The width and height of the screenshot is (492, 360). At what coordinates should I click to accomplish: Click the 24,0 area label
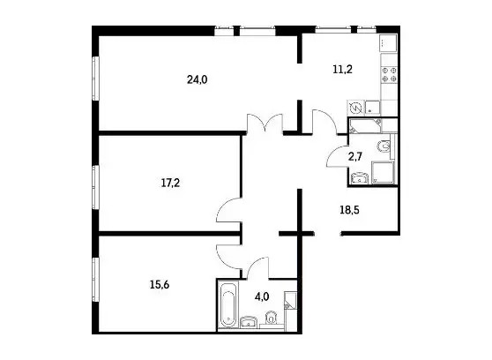click(197, 80)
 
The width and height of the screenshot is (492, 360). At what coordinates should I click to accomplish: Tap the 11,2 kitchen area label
click(342, 69)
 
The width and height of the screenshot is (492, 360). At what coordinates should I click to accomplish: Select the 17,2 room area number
click(170, 183)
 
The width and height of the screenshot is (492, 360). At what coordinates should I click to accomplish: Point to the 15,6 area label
click(160, 285)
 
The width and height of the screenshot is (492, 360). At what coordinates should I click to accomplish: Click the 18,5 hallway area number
click(349, 209)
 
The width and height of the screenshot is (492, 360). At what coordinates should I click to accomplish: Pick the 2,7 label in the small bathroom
click(355, 156)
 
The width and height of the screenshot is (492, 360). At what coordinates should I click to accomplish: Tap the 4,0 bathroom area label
click(262, 296)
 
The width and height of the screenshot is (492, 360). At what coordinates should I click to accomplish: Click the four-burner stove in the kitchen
click(389, 75)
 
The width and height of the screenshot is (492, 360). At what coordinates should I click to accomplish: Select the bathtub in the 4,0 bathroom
click(227, 305)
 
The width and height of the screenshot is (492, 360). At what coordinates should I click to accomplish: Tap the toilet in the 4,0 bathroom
click(271, 318)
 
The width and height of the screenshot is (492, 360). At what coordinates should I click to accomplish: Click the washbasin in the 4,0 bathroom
click(250, 321)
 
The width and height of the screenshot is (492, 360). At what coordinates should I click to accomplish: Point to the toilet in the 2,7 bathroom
click(384, 146)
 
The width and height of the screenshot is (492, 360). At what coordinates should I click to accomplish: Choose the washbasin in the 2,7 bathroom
click(360, 178)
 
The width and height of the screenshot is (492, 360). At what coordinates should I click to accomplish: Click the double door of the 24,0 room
click(265, 124)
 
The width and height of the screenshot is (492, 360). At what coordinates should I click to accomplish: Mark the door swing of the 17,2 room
click(228, 211)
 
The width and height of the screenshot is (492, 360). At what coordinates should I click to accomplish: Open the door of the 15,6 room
click(228, 257)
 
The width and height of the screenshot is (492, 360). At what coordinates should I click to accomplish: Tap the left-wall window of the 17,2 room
click(96, 186)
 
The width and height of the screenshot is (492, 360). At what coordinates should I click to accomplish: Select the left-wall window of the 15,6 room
click(96, 280)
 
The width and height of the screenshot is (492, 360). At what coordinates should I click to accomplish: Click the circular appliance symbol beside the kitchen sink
click(357, 109)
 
